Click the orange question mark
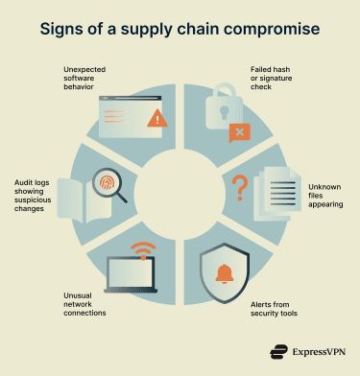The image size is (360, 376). pos(241,185)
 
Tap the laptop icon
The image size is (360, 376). pos(132,276)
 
